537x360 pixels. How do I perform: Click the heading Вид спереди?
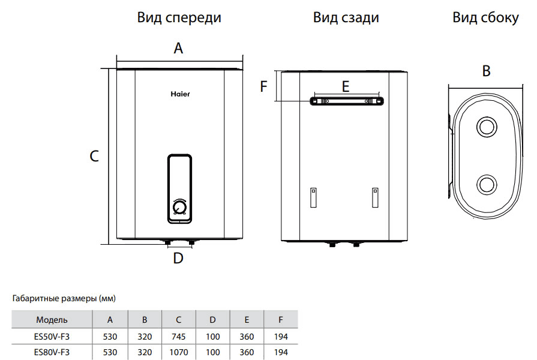click(179, 18)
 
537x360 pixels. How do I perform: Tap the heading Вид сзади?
click(346, 18)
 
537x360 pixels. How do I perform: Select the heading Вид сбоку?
click(485, 18)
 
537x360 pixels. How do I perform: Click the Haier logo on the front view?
click(180, 94)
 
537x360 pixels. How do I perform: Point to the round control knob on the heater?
click(179, 208)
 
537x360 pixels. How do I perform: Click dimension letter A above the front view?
click(178, 49)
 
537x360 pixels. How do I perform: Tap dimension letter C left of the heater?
click(94, 157)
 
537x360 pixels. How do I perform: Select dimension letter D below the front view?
click(178, 259)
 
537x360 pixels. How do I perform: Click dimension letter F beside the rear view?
click(263, 87)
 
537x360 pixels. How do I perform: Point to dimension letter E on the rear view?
click(345, 87)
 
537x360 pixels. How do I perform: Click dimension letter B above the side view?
click(487, 71)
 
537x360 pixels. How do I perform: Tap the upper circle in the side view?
click(486, 127)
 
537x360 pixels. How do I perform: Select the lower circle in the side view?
click(486, 185)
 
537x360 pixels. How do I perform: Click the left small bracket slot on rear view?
click(313, 197)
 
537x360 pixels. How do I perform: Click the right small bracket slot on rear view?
click(375, 197)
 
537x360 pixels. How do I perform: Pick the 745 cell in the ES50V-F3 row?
click(179, 336)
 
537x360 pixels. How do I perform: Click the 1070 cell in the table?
click(179, 352)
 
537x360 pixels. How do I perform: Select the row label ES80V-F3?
click(52, 352)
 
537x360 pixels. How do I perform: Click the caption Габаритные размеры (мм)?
click(64, 298)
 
